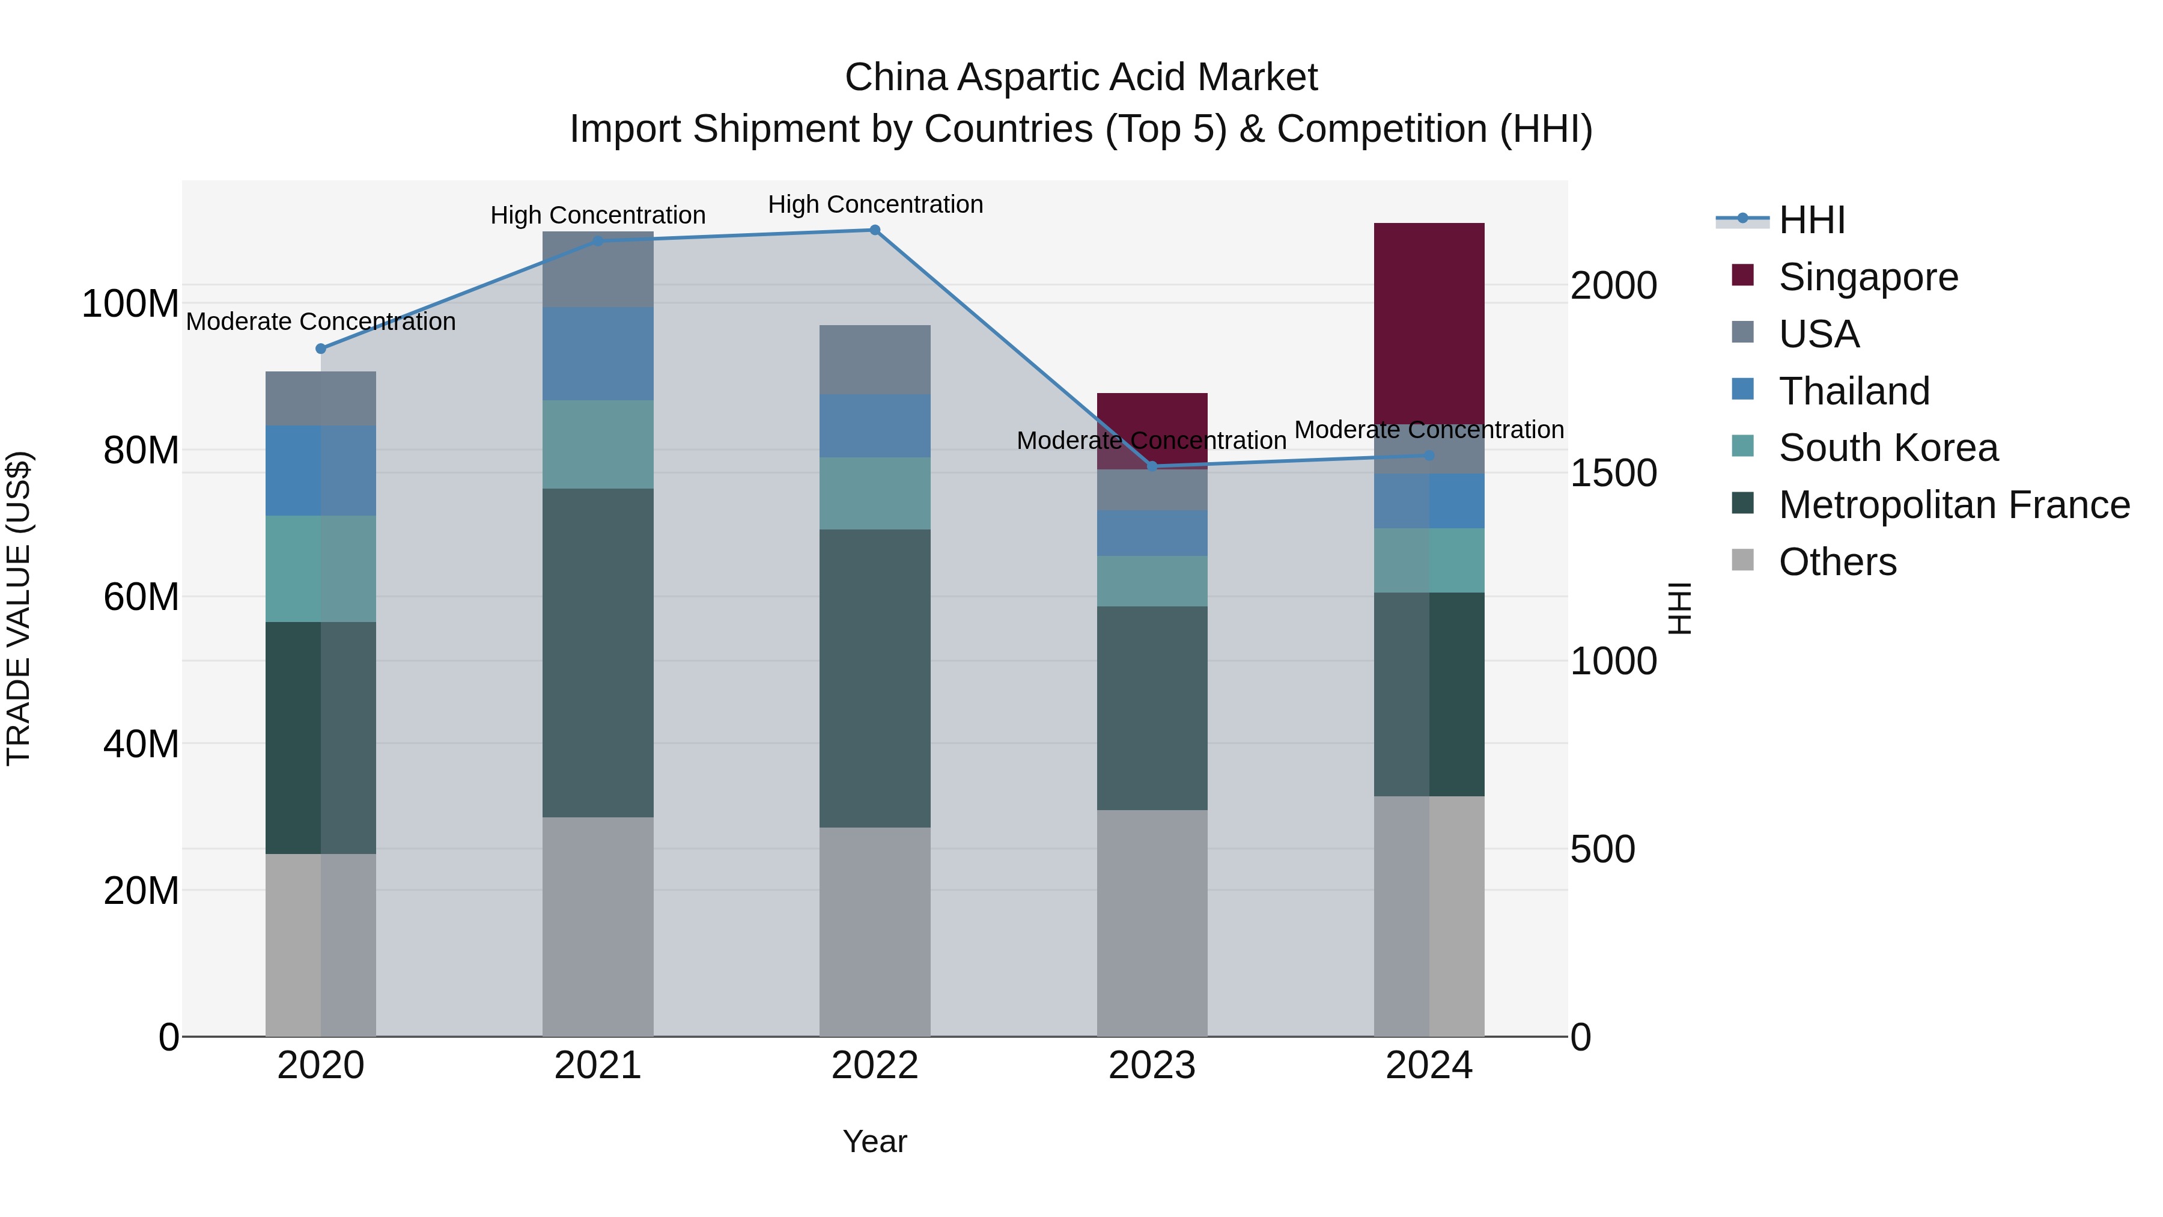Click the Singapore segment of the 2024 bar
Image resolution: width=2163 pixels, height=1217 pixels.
[x=1429, y=323]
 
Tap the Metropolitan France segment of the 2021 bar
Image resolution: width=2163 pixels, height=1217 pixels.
[x=598, y=653]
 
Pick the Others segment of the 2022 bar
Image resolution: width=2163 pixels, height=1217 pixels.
[x=875, y=932]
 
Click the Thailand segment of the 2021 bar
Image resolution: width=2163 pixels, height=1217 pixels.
[x=598, y=353]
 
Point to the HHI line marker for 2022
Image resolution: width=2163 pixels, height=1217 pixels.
[x=875, y=230]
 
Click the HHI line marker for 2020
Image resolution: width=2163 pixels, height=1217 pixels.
[x=321, y=349]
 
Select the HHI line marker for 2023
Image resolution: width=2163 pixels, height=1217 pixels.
[x=1152, y=466]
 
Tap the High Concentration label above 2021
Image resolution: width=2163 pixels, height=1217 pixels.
[x=598, y=216]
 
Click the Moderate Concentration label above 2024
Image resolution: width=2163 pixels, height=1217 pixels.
[x=1429, y=430]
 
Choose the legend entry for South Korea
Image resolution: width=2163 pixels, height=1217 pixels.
[x=1888, y=448]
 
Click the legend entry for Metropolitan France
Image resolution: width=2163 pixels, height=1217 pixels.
[x=1954, y=505]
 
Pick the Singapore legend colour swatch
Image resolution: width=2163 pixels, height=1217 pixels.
[x=1743, y=275]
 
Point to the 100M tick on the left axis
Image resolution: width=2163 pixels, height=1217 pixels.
[x=130, y=303]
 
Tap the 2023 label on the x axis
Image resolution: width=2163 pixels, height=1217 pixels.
[x=1152, y=1066]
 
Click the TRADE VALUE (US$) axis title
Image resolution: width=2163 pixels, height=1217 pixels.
[x=19, y=608]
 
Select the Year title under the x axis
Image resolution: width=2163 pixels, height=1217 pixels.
[x=875, y=1141]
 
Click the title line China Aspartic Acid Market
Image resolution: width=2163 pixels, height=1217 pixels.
[x=1081, y=78]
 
